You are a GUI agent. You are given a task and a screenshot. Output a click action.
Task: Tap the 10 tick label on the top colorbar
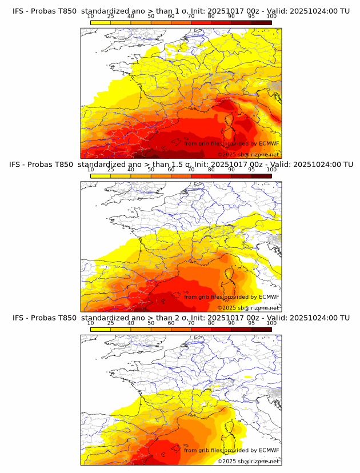[91, 16]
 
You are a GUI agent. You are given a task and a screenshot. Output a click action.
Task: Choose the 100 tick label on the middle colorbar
[271, 170]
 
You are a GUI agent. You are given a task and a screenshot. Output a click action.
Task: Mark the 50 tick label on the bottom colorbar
[151, 323]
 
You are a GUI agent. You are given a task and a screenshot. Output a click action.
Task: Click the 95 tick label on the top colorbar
[251, 16]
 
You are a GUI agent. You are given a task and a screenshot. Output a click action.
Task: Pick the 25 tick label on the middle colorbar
[111, 170]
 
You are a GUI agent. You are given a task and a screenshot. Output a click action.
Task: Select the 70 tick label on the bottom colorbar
[191, 323]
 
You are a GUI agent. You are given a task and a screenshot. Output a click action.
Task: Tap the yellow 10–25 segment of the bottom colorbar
[101, 329]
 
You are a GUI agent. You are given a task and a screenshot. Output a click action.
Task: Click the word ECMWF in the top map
[269, 143]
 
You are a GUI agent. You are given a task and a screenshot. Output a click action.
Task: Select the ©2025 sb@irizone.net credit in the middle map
[248, 308]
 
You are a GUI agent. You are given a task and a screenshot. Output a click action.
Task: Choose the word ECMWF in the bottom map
[269, 450]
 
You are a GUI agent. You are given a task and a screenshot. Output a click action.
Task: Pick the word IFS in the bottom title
[18, 318]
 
